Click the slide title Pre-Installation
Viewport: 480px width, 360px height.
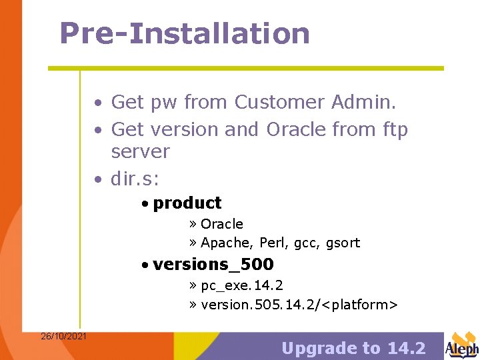(185, 33)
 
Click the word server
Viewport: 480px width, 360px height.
(140, 151)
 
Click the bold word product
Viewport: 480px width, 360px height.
(187, 203)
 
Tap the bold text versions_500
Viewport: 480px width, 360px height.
(213, 265)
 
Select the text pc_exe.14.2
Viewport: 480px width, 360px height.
(241, 285)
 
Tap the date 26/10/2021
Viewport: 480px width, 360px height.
(63, 336)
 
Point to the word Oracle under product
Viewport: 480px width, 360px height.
(221, 224)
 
